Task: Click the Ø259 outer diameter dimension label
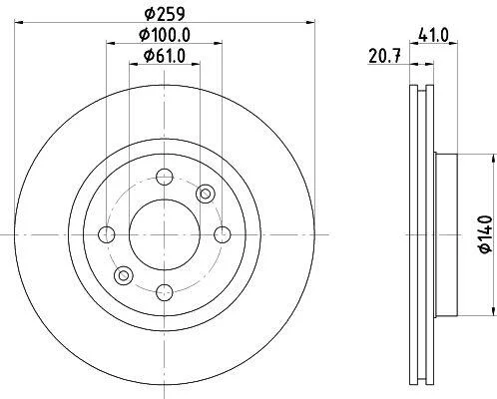pyautogui.click(x=165, y=14)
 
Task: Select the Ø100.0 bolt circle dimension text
pyautogui.click(x=165, y=35)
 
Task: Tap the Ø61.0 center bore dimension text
pyautogui.click(x=165, y=56)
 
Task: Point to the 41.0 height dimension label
pyautogui.click(x=434, y=35)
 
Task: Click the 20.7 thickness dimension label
pyautogui.click(x=384, y=56)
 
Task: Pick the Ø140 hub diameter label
pyautogui.click(x=486, y=234)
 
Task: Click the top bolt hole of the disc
pyautogui.click(x=165, y=177)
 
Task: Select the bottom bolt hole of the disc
pyautogui.click(x=165, y=292)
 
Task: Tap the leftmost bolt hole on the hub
pyautogui.click(x=107, y=234)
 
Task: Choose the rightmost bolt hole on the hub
pyautogui.click(x=223, y=234)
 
